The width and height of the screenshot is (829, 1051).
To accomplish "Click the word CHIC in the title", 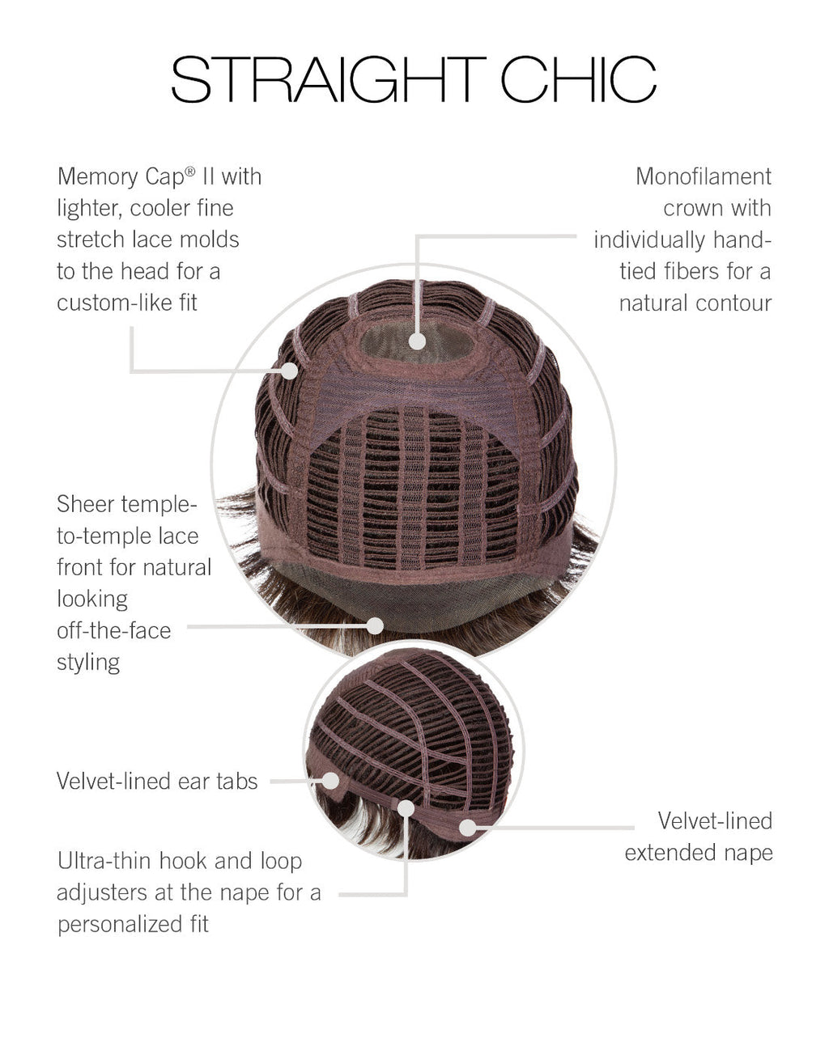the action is pyautogui.click(x=578, y=79).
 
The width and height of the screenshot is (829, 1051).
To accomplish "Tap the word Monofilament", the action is pyautogui.click(x=704, y=177).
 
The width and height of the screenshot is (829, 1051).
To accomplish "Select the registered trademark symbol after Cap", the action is pyautogui.click(x=190, y=171).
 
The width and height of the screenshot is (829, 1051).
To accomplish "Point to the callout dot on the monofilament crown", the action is pyautogui.click(x=417, y=341).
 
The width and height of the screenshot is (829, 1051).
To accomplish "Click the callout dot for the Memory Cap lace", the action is pyautogui.click(x=289, y=371).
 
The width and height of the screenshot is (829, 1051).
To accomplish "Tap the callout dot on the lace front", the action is pyautogui.click(x=375, y=625).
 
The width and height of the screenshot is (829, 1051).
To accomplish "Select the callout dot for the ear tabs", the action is pyautogui.click(x=330, y=781).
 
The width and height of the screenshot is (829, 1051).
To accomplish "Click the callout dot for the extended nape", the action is pyautogui.click(x=468, y=828).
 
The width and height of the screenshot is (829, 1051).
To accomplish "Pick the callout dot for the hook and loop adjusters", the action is pyautogui.click(x=406, y=808).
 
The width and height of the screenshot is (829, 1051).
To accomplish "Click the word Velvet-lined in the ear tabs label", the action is pyautogui.click(x=113, y=781).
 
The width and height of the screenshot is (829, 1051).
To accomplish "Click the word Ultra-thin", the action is pyautogui.click(x=105, y=861).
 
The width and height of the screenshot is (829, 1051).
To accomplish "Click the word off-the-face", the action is pyautogui.click(x=114, y=631).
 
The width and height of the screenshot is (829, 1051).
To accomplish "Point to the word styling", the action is pyautogui.click(x=88, y=663).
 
